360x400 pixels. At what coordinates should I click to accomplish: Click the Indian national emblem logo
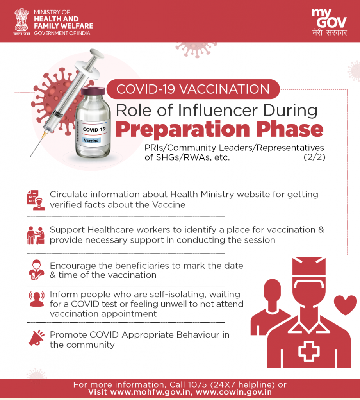point(21,22)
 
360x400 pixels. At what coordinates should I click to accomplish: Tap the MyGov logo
point(330,22)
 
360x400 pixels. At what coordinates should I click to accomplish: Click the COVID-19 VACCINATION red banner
point(193,89)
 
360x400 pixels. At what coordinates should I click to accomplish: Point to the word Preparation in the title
point(183,129)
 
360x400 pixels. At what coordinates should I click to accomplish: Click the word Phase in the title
point(290,129)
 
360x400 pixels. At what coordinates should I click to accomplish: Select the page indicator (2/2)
point(314,157)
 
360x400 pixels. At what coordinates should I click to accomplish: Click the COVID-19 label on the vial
point(94,129)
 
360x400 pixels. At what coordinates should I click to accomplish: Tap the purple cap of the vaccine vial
point(93,91)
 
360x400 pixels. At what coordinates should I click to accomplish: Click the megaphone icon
point(36,338)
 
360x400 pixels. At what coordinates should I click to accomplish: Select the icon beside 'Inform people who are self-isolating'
point(36,299)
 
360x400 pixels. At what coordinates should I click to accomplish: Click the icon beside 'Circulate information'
point(36,200)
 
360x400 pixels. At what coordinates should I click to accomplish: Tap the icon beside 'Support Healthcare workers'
point(36,235)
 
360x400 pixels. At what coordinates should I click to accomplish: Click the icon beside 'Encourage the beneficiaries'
point(36,270)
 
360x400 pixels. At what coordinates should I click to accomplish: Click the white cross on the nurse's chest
point(309,351)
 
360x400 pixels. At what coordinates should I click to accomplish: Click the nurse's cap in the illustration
point(309,266)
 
